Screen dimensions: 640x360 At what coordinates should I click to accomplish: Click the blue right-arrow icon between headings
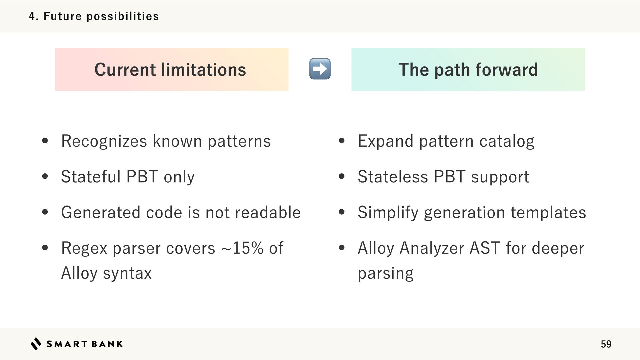(x=320, y=69)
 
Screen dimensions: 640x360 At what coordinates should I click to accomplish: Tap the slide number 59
(x=606, y=344)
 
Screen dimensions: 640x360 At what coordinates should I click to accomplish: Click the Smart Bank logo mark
(x=36, y=344)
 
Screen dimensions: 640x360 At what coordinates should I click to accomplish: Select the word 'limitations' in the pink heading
(x=203, y=70)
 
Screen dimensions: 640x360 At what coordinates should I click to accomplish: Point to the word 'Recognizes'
(x=104, y=141)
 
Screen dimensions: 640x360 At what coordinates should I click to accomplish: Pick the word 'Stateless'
(x=393, y=177)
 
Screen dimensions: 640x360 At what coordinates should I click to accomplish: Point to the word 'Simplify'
(x=388, y=213)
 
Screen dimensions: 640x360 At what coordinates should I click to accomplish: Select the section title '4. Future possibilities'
(x=94, y=16)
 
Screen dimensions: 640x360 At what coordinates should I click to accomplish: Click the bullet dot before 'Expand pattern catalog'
(x=341, y=141)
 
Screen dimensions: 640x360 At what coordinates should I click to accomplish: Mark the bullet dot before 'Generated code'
(x=45, y=212)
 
